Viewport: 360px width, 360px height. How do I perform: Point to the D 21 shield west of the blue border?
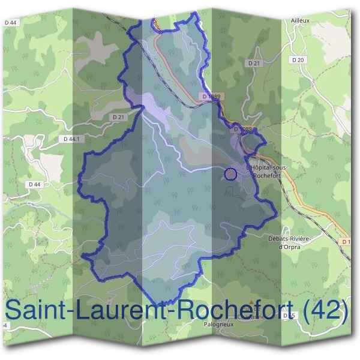pos(118,117)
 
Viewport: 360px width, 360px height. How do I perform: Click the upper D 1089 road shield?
pos(212,96)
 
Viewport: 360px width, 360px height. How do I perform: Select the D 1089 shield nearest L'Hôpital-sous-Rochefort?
pos(242,129)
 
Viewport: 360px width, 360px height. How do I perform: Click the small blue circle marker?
pos(230,174)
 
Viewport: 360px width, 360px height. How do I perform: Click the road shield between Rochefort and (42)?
pos(289,316)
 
